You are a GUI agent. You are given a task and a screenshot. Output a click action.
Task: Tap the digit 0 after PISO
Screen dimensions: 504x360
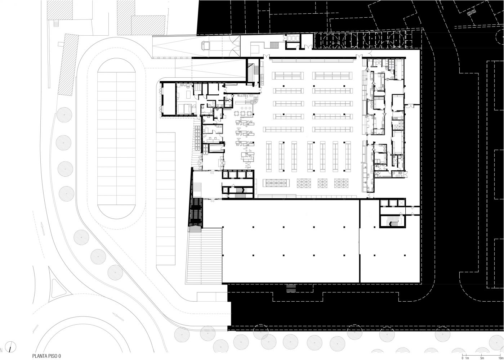point(60,356)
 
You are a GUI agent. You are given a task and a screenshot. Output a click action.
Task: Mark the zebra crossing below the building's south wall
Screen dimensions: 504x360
point(291,289)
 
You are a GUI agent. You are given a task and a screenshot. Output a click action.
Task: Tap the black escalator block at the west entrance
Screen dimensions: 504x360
point(195,211)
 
